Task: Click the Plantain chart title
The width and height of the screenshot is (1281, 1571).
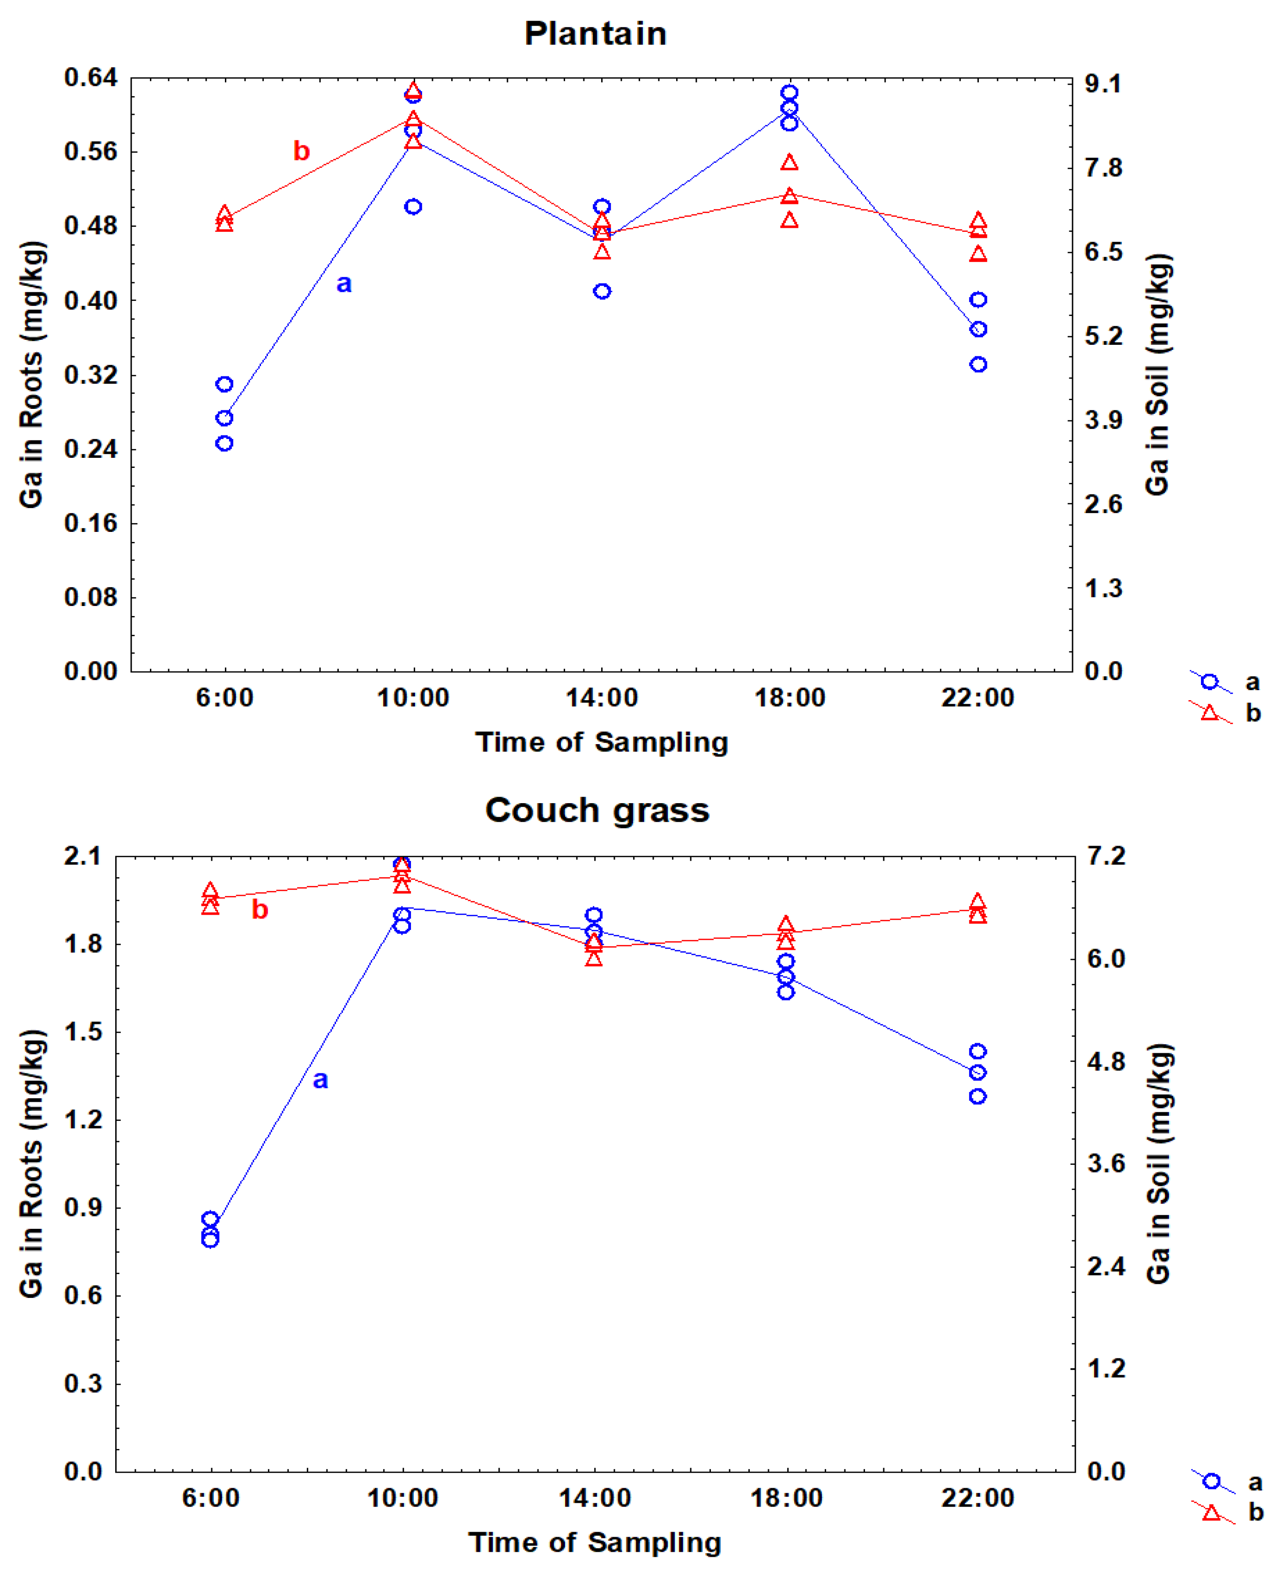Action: click(596, 34)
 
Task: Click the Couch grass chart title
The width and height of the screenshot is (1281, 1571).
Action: click(597, 810)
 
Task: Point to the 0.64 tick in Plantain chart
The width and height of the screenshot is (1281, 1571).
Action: click(91, 77)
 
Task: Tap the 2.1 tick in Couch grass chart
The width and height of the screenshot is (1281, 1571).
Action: click(83, 856)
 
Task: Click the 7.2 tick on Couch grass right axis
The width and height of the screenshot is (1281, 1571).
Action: click(1106, 856)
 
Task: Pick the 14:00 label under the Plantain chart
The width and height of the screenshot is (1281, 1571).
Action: click(601, 697)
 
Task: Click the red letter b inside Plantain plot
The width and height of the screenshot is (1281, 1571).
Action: click(301, 151)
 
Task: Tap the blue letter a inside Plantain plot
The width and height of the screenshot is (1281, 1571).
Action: click(344, 284)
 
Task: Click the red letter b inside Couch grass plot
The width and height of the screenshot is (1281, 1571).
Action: click(260, 910)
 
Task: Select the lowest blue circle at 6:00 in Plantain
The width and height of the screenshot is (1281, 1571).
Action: click(224, 443)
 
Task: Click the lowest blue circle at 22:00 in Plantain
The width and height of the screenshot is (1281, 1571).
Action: click(978, 364)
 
